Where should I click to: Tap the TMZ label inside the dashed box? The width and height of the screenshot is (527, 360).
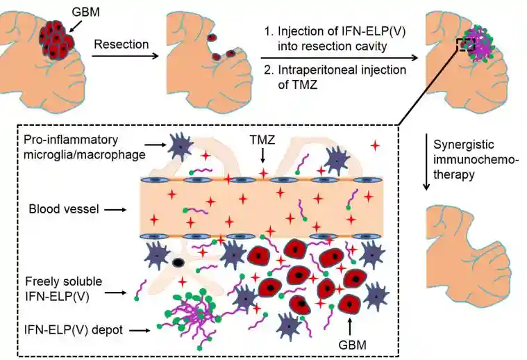[262, 139]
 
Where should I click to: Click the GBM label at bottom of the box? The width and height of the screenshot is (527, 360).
[351, 343]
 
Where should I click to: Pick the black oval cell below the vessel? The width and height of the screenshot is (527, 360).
[179, 263]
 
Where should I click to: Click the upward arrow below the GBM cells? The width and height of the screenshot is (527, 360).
[349, 325]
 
